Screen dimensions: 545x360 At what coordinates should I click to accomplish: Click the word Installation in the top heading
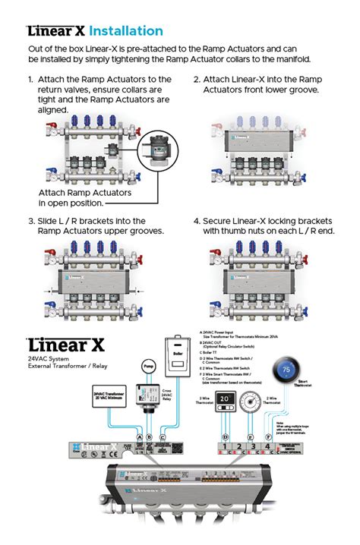126,31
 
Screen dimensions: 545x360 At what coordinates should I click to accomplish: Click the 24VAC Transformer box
107,397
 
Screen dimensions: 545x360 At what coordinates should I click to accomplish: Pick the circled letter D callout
225,438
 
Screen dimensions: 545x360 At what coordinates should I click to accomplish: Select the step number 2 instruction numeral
197,79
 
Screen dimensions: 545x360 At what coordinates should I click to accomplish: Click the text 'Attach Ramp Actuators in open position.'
84,197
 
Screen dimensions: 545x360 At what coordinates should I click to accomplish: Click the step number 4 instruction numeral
197,221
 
